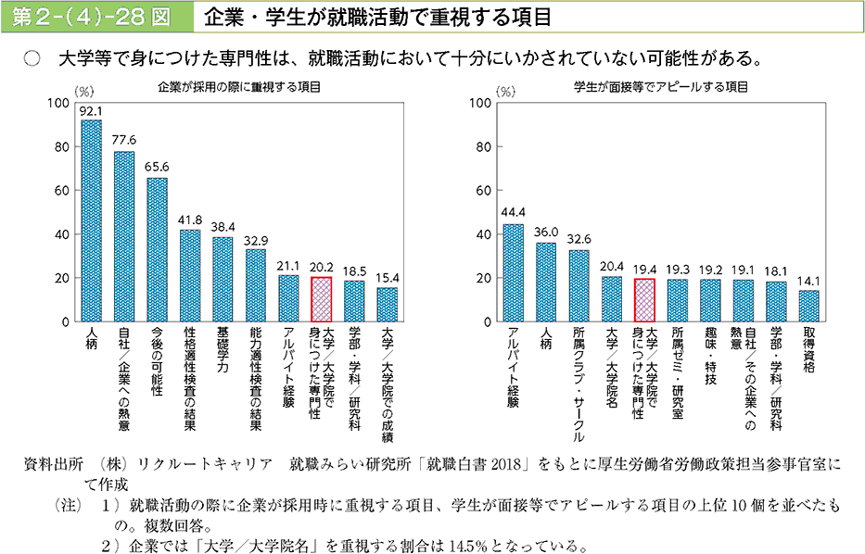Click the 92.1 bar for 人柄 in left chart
tap(91, 220)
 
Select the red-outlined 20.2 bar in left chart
tap(321, 299)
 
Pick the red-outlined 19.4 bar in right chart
tap(644, 300)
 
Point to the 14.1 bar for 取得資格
tap(808, 306)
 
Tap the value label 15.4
tap(387, 277)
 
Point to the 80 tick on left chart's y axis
tap(62, 147)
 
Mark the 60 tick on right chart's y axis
tap(482, 191)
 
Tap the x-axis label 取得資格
tap(808, 349)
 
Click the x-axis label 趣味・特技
tap(710, 357)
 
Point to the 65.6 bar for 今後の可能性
tap(157, 249)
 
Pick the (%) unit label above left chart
tap(83, 93)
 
